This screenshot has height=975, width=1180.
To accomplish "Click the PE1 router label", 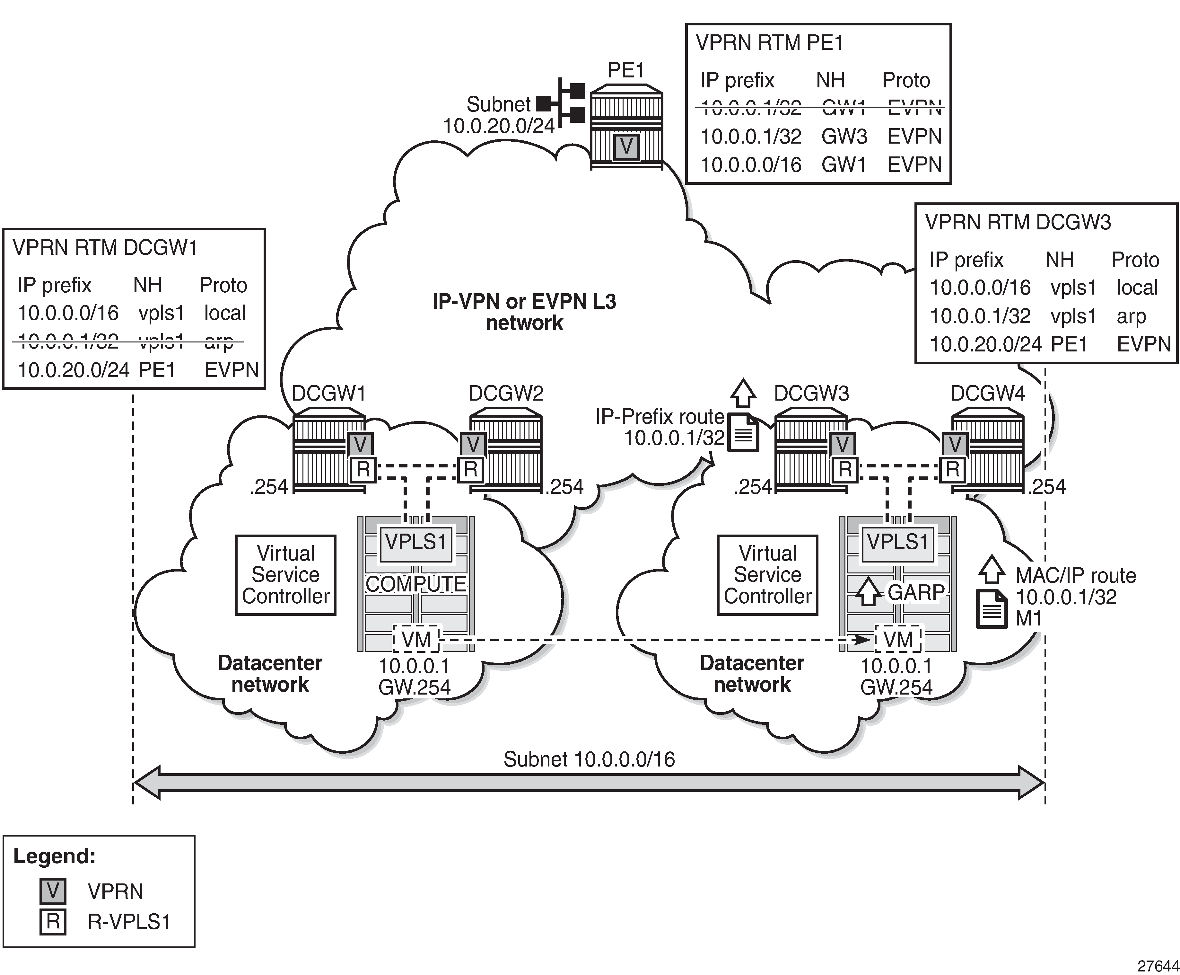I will tap(625, 70).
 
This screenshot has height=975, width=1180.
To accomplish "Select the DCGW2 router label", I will tap(506, 393).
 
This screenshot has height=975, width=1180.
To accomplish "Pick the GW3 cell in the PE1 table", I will tap(844, 137).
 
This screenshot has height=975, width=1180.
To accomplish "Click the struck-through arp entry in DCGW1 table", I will tap(219, 341).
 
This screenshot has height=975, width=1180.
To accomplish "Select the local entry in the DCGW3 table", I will tap(1137, 288).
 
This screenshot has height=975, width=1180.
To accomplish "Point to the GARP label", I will tap(916, 592).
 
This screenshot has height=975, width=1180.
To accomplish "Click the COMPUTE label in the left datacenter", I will tap(415, 584).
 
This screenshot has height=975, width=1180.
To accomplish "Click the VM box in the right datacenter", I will tap(898, 639).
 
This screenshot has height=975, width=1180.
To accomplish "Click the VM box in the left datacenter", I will tap(416, 639).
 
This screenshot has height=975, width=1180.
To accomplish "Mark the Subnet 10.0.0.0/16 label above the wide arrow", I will tap(589, 759).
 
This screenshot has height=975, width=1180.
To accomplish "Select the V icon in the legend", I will tap(53, 891).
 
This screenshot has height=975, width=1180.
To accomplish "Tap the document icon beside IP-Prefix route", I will tap(743, 432).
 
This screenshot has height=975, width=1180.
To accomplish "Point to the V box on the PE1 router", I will tap(625, 146).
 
